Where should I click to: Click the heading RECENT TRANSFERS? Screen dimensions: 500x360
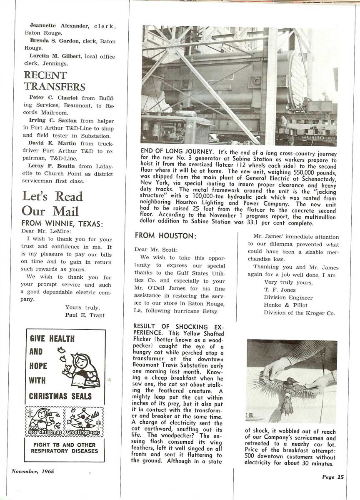[54, 81]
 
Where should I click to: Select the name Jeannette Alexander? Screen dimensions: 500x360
[59, 26]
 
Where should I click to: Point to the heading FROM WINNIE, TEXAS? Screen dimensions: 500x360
[62, 224]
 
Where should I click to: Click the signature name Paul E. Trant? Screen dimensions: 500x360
[85, 315]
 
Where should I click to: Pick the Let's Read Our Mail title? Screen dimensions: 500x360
[52, 203]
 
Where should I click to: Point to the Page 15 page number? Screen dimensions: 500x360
[332, 477]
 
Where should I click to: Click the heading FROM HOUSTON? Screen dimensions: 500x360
[165, 236]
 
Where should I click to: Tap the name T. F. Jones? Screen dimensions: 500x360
[280, 290]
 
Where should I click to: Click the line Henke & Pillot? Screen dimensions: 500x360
[282, 305]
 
